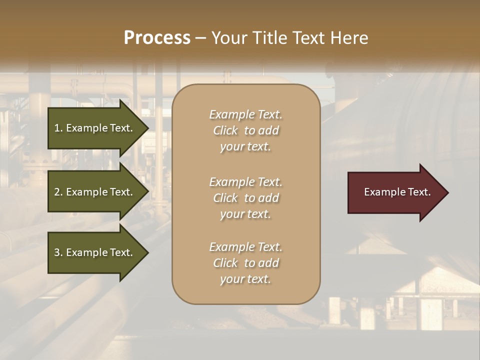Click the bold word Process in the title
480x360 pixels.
(x=157, y=38)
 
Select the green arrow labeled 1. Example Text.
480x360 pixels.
(x=95, y=128)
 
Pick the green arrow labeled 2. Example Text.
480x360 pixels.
(x=95, y=192)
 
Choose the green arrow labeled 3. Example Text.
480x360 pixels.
(x=95, y=252)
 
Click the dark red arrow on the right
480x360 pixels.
(x=395, y=192)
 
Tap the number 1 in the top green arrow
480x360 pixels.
(x=57, y=128)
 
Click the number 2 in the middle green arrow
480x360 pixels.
(x=57, y=192)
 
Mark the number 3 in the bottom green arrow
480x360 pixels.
(x=57, y=252)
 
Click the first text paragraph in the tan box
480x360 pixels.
(x=245, y=130)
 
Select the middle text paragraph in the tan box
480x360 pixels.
(x=245, y=197)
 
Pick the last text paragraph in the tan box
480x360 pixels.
(x=245, y=263)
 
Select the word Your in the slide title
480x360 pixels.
(x=228, y=38)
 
